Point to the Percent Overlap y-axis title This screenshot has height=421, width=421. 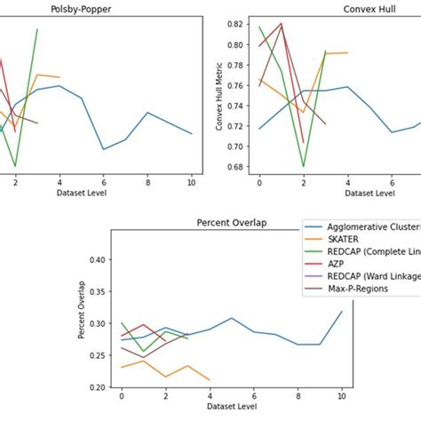pos(82,311)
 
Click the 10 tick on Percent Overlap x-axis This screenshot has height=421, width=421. pos(341,397)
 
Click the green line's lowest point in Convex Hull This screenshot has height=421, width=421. pos(304,166)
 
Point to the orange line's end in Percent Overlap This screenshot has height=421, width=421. pos(210,380)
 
